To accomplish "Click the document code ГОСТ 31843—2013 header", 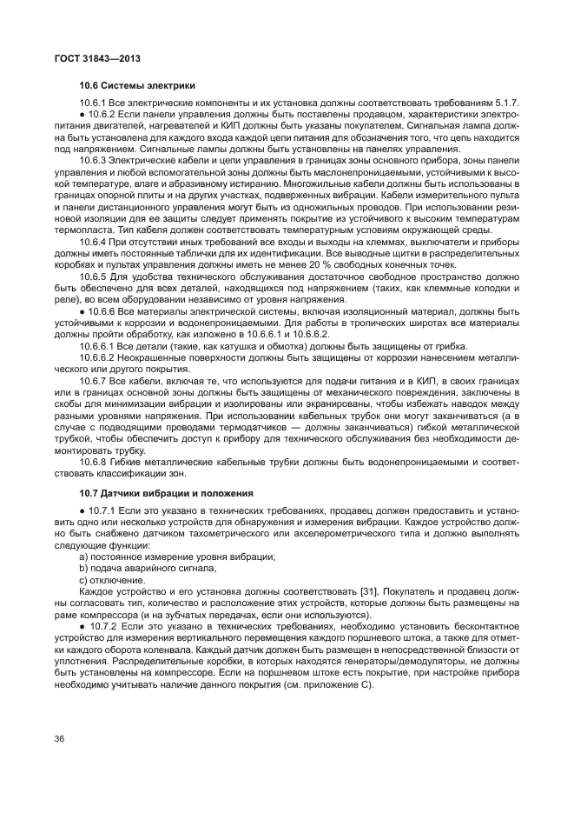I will point(97,58).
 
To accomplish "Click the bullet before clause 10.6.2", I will point(82,114).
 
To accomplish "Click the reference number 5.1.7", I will point(505,104).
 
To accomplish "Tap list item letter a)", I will point(83,556).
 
